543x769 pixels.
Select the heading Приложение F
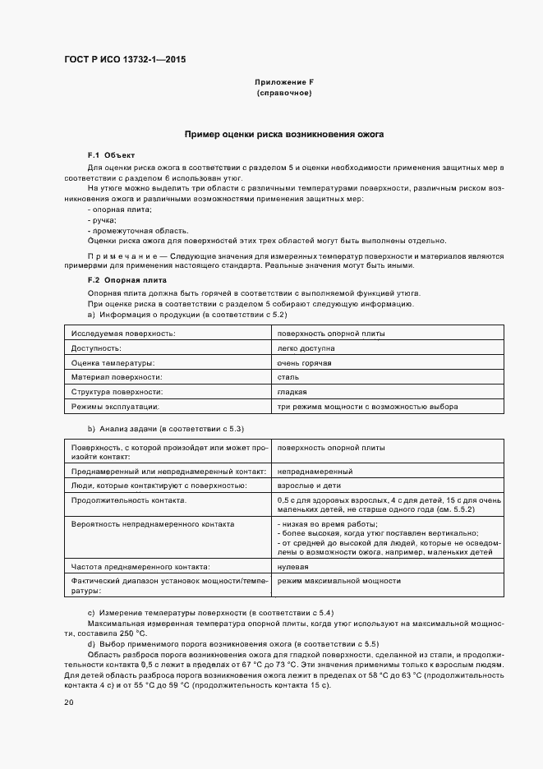click(283, 83)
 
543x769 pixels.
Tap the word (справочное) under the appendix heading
click(283, 94)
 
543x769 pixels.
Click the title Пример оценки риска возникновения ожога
click(283, 133)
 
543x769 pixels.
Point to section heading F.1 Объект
click(111, 155)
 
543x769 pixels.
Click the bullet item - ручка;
click(102, 220)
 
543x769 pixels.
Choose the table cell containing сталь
click(288, 377)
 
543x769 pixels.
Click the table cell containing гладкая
click(292, 392)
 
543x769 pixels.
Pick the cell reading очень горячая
click(304, 362)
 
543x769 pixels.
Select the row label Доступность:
click(96, 348)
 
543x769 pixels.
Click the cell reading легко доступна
click(306, 348)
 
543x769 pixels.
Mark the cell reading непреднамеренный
click(315, 472)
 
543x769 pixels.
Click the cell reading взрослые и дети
click(310, 486)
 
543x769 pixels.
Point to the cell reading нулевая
click(293, 567)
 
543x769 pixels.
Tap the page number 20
click(69, 702)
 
